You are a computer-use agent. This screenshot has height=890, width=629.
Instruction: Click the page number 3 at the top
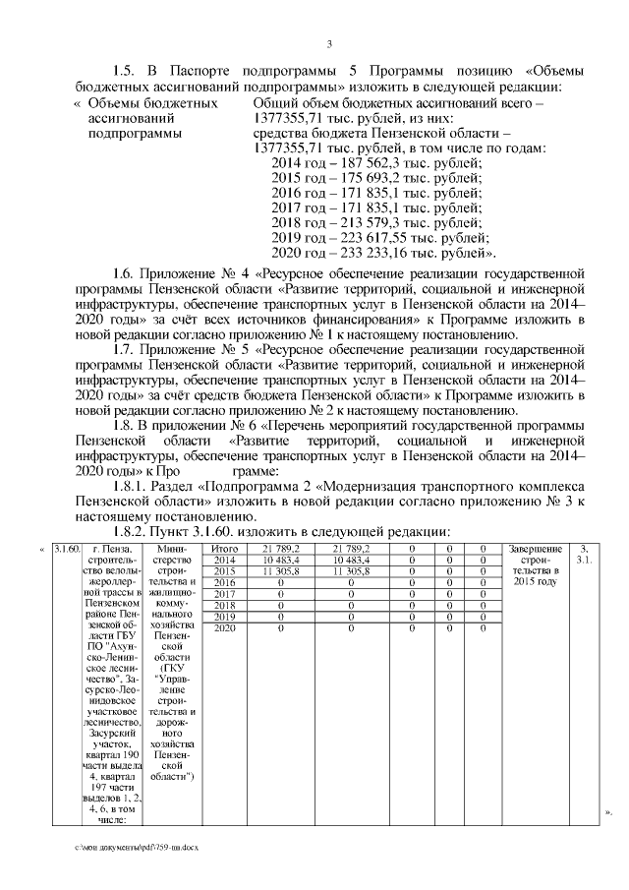pyautogui.click(x=329, y=42)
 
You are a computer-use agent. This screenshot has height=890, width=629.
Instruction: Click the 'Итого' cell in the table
pyautogui.click(x=226, y=548)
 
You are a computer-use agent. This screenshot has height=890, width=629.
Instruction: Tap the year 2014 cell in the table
pyautogui.click(x=226, y=560)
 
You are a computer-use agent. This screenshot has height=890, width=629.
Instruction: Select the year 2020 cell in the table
pyautogui.click(x=226, y=627)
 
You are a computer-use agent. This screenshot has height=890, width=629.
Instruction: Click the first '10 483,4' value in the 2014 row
pyautogui.click(x=281, y=560)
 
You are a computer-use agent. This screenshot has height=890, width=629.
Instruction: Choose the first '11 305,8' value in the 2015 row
pyautogui.click(x=281, y=571)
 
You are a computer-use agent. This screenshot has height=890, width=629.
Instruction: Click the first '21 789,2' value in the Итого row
pyautogui.click(x=281, y=548)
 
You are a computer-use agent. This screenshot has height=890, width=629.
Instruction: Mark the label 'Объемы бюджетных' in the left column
pyautogui.click(x=152, y=103)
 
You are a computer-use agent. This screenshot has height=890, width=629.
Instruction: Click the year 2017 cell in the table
pyautogui.click(x=226, y=594)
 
